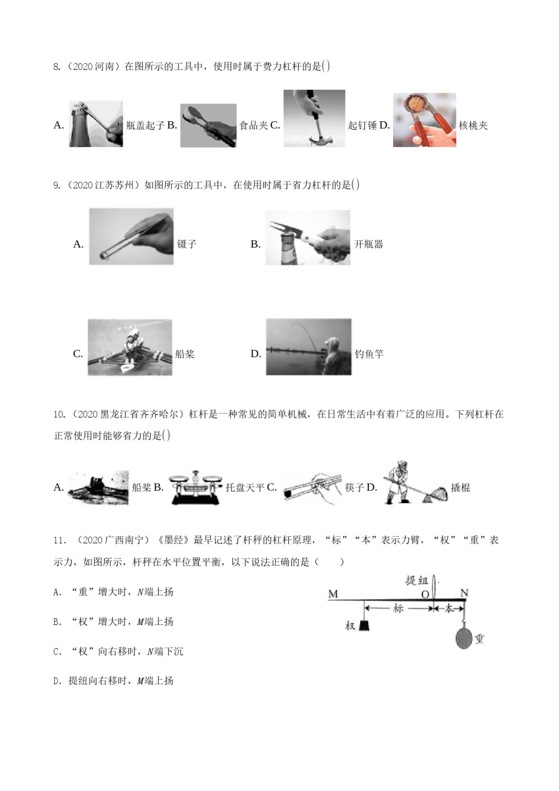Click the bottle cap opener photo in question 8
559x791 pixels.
(96, 124)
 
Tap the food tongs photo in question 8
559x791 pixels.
(208, 125)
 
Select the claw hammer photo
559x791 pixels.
(314, 118)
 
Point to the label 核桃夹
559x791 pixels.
(473, 125)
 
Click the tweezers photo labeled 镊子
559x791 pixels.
(131, 237)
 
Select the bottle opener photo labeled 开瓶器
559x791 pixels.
(307, 238)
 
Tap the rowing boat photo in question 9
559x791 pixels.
(130, 347)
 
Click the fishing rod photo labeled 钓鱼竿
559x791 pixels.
(308, 347)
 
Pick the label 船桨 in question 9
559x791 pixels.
(185, 354)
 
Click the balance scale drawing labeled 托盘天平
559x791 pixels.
(196, 487)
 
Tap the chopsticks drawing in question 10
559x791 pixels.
(312, 487)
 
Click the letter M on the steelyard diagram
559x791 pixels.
(333, 594)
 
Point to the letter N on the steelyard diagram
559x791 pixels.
(464, 593)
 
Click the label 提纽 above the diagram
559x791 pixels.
(417, 580)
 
